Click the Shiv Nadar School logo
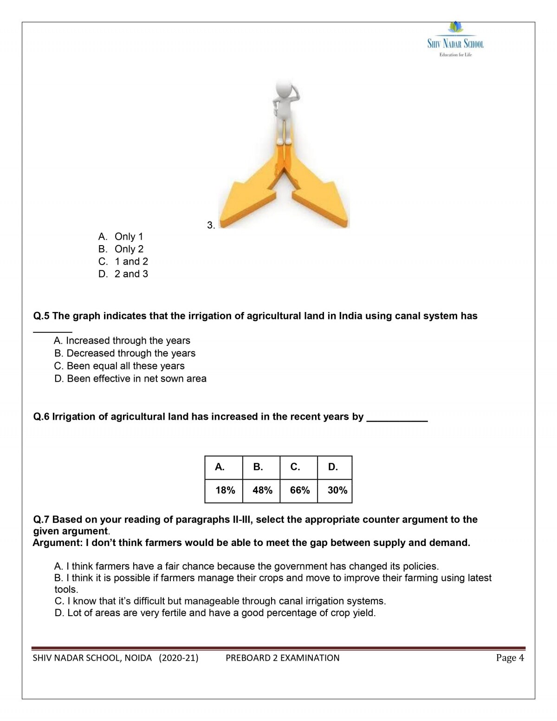pos(455,40)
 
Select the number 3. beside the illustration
pos(211,225)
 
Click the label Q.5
pos(41,316)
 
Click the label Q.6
pos(41,417)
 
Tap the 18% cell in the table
pos(225,490)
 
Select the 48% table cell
pos(262,490)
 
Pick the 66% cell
pos(300,490)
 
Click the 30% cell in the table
pos(337,490)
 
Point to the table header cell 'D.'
pos(333,467)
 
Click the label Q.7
pos(41,520)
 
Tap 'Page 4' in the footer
pos(510,658)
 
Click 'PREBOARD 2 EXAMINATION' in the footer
pos(282,658)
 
